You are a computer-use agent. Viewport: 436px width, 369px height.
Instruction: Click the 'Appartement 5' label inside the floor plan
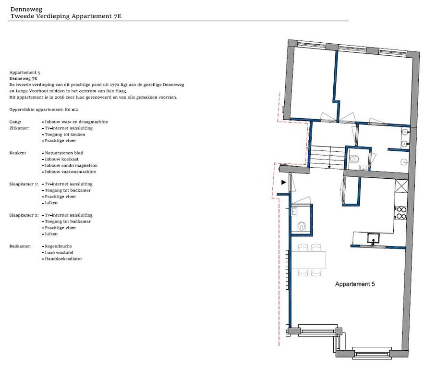coord(355,284)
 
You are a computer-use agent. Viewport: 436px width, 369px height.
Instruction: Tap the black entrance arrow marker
coord(284,183)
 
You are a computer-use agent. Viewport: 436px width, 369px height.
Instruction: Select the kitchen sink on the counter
coord(373,239)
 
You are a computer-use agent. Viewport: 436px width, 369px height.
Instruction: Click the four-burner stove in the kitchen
coord(400,212)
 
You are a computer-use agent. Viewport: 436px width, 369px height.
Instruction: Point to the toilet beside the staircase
coord(354,159)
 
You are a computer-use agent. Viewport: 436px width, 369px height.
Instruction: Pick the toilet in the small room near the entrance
coord(302,226)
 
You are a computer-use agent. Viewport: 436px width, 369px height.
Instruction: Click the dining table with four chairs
coord(309,260)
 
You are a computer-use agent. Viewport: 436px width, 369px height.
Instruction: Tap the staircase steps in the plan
coord(327,157)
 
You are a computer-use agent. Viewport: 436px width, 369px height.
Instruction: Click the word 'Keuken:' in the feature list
coord(17,153)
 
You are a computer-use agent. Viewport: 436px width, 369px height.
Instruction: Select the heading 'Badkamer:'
coord(20,246)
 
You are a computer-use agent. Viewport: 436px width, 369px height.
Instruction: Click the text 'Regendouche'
coord(59,246)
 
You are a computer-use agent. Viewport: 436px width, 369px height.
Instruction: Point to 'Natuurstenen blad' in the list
coord(64,153)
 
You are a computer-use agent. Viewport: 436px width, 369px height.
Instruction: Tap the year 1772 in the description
coord(115,85)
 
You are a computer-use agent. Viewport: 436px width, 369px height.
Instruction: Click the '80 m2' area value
coord(72,110)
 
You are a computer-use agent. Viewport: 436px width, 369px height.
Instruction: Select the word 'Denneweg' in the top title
coord(26,9)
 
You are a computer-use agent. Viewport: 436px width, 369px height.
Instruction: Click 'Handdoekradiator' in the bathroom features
coord(63,259)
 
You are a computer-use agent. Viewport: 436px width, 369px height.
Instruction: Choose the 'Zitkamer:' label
coord(20,128)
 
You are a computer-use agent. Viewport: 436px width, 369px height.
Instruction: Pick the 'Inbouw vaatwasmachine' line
coord(71,172)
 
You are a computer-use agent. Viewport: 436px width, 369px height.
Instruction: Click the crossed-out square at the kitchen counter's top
coord(401,186)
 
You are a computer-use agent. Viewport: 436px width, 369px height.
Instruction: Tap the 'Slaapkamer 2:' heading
coord(24,215)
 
